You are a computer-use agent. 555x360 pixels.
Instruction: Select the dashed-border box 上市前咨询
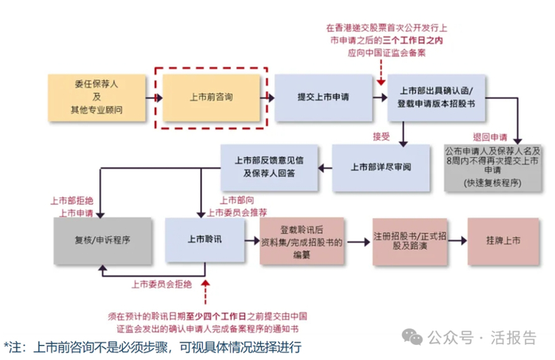click(212, 97)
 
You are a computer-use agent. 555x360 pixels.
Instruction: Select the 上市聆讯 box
click(205, 239)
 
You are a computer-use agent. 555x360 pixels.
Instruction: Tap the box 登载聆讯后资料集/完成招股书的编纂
click(301, 239)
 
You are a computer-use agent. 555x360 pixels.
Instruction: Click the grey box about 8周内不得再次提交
click(493, 167)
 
